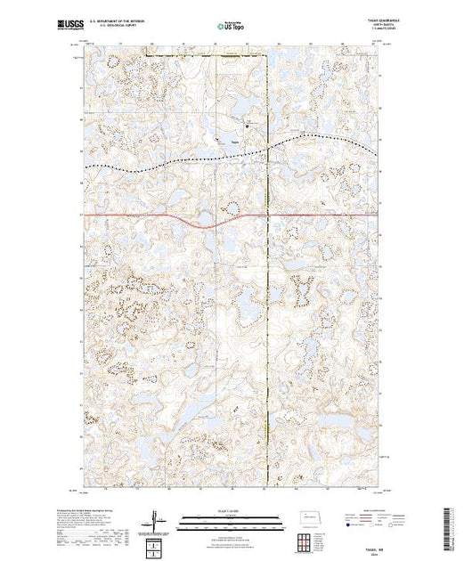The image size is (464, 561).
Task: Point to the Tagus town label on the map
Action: pos(233,141)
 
